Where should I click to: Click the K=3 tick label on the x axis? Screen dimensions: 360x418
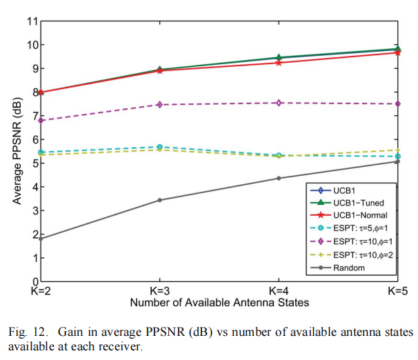tap(159, 291)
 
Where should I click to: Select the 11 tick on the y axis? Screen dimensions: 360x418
tap(31, 21)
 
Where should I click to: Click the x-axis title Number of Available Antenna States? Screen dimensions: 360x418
tap(219, 303)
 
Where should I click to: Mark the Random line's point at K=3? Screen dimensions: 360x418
tap(159, 200)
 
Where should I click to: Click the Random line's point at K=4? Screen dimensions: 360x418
tap(279, 179)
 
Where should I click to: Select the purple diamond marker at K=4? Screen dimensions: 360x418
tap(279, 103)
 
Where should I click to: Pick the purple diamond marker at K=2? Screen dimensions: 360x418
tap(41, 120)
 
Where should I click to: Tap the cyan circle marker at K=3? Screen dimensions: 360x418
tap(159, 147)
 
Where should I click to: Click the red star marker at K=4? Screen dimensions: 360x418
tap(279, 63)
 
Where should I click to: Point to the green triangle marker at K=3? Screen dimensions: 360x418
tap(159, 69)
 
